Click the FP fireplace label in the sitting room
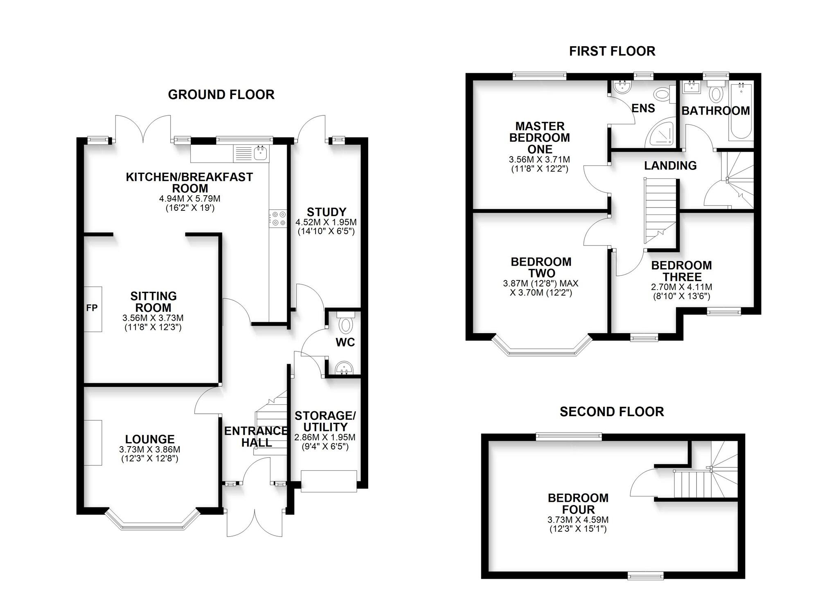click(92, 308)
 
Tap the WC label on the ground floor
click(345, 343)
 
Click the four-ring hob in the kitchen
click(278, 219)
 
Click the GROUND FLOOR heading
click(221, 95)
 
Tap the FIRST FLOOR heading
click(612, 51)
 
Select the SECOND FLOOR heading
click(612, 412)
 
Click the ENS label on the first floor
click(643, 108)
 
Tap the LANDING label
click(670, 166)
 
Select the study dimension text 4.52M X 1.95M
click(326, 223)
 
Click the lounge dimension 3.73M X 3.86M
click(150, 449)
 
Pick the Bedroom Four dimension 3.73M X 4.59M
click(578, 520)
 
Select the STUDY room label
click(326, 212)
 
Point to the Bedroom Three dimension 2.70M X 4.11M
click(681, 287)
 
